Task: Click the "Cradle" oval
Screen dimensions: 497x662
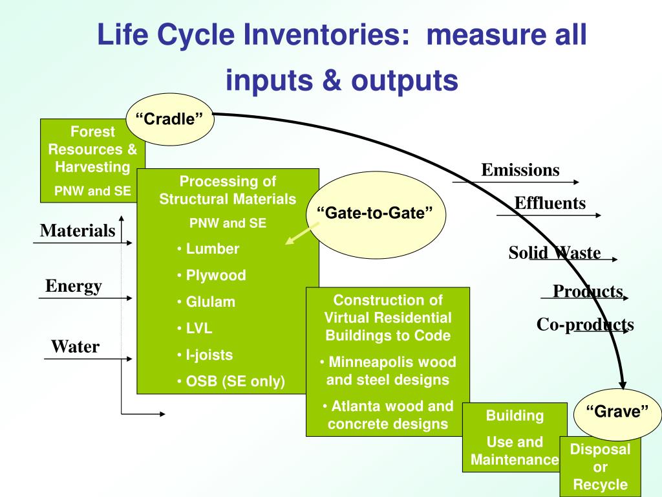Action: click(x=169, y=119)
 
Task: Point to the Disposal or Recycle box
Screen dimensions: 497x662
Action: click(x=601, y=467)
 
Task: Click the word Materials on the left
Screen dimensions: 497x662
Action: click(x=78, y=230)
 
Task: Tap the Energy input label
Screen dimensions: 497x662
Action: click(x=74, y=286)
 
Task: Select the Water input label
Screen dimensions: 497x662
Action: click(x=75, y=347)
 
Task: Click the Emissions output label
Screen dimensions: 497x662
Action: click(x=520, y=170)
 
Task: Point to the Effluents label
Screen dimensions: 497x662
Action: click(x=550, y=203)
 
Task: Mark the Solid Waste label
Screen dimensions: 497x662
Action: click(x=554, y=252)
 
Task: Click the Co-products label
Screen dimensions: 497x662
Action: click(x=585, y=324)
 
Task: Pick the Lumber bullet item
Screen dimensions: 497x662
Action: click(x=208, y=248)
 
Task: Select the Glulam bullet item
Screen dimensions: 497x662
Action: click(x=206, y=302)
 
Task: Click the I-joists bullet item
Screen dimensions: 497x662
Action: click(x=205, y=355)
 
